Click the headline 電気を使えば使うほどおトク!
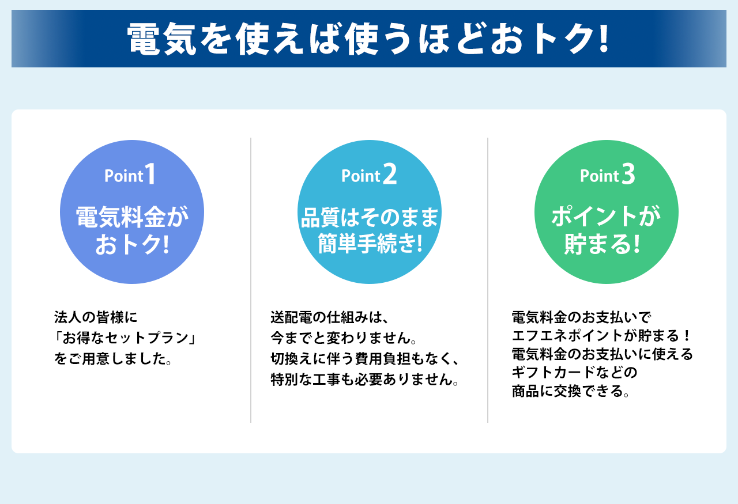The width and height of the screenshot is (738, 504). click(368, 39)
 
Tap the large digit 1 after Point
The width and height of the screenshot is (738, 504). click(150, 173)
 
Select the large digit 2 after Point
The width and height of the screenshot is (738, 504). click(390, 174)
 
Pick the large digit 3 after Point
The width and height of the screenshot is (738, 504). click(628, 174)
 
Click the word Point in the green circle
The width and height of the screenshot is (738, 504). click(600, 176)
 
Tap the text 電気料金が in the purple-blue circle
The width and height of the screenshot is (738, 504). click(132, 217)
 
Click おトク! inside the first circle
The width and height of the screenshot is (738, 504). click(132, 244)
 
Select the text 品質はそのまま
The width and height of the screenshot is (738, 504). click(370, 217)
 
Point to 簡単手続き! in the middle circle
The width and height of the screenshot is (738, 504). click(370, 244)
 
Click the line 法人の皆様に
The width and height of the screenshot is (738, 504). click(96, 317)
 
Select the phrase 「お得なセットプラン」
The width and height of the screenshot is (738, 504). click(125, 338)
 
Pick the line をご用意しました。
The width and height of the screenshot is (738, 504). click(112, 358)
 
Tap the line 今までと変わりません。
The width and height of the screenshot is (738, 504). click(344, 338)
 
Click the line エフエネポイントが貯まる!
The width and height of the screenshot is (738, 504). click(601, 336)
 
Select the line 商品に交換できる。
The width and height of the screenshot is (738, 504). click(571, 391)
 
